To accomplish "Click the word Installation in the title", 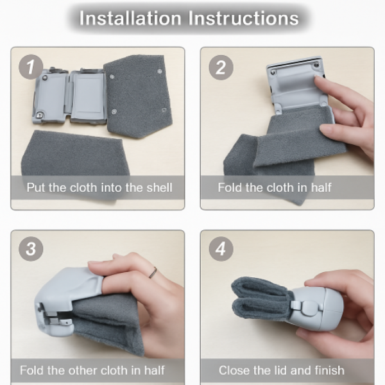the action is point(130,18).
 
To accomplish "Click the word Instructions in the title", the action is point(244,18).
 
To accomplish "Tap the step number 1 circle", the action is point(31,67).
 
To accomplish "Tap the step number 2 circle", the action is point(221,67).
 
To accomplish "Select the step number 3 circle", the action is point(31,249).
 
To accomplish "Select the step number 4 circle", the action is point(221,249).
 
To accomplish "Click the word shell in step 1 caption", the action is point(159,187).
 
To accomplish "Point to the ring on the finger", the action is point(153,273).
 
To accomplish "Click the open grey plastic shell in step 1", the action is point(70,96).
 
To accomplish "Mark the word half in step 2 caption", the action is point(321,187).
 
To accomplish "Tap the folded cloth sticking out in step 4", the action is point(261,299).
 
